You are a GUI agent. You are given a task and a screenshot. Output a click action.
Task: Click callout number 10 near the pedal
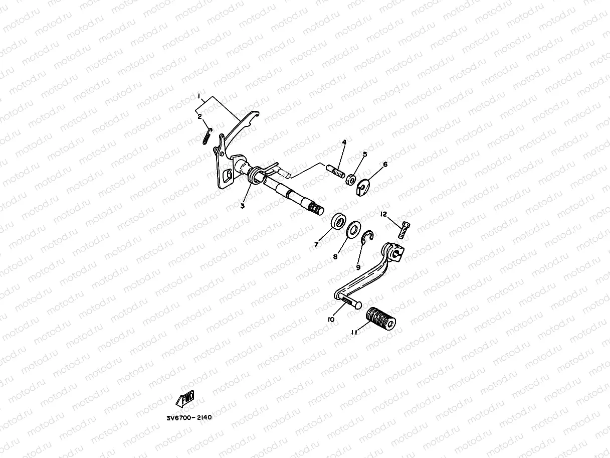coord(331,319)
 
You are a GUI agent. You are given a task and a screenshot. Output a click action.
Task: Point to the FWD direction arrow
coord(184,399)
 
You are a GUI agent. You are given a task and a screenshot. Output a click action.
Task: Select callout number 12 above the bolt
coord(383,214)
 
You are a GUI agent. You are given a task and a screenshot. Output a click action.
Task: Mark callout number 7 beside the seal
coord(316,245)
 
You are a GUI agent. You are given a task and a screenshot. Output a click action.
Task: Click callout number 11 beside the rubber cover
coord(354,332)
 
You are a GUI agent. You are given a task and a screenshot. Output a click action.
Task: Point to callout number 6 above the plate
coord(385,164)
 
